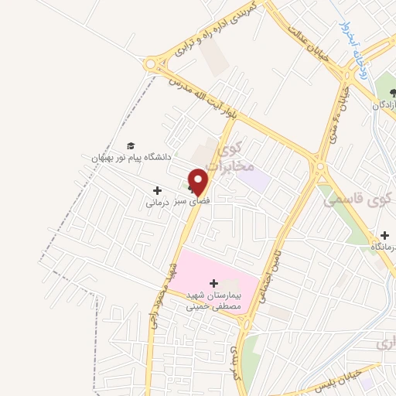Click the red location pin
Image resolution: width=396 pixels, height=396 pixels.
(199, 181)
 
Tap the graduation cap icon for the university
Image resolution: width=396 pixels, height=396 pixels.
(131, 145)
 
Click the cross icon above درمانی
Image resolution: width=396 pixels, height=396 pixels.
(158, 190)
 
